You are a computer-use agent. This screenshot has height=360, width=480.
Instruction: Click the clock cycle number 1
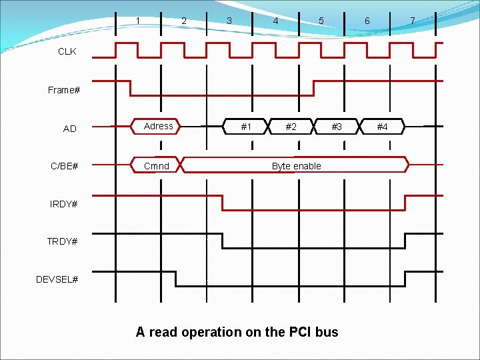[x=138, y=21]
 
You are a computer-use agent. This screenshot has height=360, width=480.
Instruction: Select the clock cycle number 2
[x=184, y=21]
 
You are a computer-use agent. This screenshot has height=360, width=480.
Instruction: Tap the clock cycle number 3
[x=229, y=21]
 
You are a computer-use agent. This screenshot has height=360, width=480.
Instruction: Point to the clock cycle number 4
[x=275, y=21]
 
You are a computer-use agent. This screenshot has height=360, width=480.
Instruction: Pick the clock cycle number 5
[x=321, y=21]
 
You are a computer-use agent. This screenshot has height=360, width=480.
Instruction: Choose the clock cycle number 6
[x=367, y=21]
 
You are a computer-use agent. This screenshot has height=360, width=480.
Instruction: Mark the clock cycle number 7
[x=413, y=21]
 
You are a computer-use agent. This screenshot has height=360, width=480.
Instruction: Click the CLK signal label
[x=67, y=51]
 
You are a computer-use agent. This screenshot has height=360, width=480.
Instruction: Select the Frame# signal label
[x=64, y=90]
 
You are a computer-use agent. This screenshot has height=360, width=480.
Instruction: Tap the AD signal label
[x=70, y=129]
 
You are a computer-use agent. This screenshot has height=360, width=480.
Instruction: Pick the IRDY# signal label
[x=64, y=203]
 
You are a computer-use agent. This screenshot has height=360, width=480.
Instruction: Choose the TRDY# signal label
[x=62, y=241]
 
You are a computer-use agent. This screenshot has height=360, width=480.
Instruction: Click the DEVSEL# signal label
[x=57, y=279]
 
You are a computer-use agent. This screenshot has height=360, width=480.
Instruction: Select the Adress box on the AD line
[x=159, y=126]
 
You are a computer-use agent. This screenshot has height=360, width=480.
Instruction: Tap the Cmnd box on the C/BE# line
[x=157, y=166]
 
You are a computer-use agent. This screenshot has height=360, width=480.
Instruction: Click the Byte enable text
[x=296, y=166]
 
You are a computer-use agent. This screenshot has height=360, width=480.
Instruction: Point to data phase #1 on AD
[x=246, y=127]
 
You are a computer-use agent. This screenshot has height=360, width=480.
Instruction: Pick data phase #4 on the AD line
[x=382, y=127]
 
